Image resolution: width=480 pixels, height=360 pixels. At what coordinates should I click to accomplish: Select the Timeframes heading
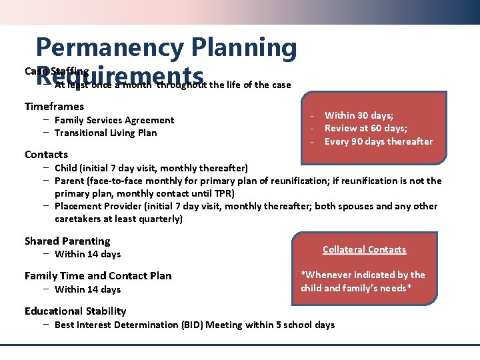click(x=54, y=107)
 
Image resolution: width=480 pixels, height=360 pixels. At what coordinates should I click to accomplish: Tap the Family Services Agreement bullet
click(x=114, y=120)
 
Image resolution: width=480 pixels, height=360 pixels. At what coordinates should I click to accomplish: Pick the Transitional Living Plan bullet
click(x=105, y=133)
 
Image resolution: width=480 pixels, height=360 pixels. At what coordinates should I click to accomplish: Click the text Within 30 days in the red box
click(x=357, y=115)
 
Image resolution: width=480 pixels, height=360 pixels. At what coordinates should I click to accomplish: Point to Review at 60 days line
click(x=365, y=128)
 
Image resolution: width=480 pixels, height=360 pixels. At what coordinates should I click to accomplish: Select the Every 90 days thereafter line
click(x=378, y=141)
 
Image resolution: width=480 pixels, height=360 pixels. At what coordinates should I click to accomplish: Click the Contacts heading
click(x=46, y=155)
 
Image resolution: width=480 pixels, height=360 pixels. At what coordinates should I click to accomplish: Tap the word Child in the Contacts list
click(x=65, y=167)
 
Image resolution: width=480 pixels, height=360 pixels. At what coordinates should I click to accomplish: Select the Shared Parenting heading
click(x=67, y=241)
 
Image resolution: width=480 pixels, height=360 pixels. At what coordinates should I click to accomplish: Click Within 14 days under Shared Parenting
click(x=87, y=254)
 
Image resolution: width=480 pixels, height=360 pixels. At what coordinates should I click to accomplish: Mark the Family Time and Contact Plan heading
click(x=98, y=276)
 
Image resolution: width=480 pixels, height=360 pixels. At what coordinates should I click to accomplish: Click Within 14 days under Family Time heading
click(x=87, y=289)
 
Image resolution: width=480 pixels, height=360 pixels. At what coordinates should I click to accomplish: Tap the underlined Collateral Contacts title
click(x=364, y=249)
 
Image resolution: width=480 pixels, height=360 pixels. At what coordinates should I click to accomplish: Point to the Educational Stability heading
click(x=75, y=311)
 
